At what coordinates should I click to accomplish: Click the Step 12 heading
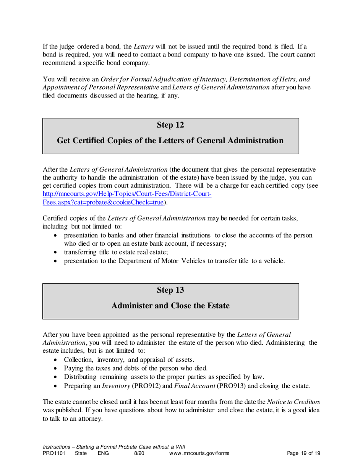coord(170,125)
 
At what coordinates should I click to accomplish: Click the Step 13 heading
coord(170,290)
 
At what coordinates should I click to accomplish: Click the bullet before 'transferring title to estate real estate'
coord(57,252)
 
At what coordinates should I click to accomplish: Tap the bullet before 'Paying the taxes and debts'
coord(57,368)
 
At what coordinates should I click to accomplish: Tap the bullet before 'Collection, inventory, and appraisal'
coord(57,360)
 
